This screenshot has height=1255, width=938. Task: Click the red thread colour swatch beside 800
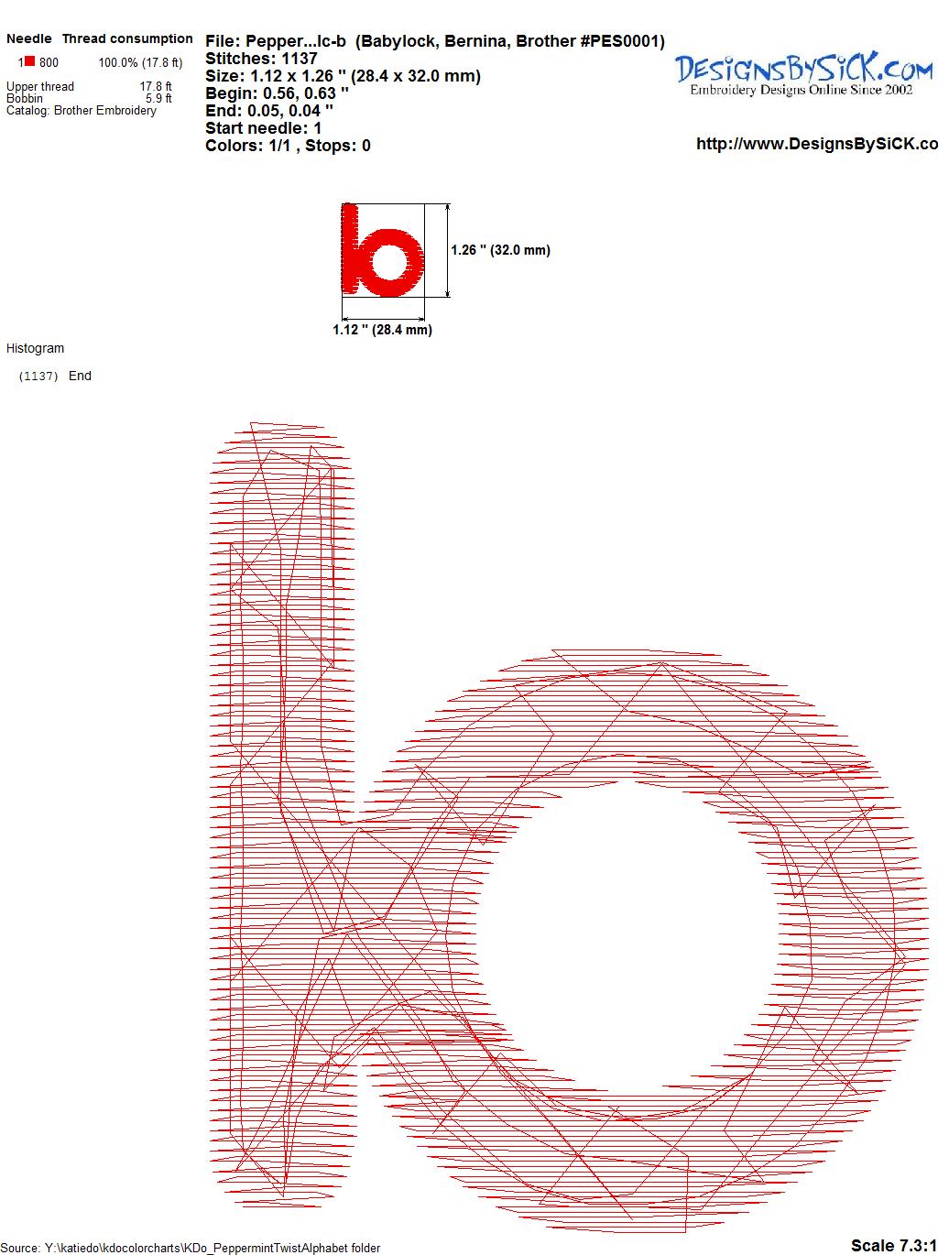(x=29, y=61)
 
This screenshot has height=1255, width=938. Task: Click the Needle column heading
(x=28, y=38)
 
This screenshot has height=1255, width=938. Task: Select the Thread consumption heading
(x=127, y=38)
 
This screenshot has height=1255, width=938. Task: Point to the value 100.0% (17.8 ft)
(x=140, y=63)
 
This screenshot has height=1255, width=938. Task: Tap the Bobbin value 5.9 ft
(x=158, y=98)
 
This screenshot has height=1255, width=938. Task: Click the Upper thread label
(x=40, y=86)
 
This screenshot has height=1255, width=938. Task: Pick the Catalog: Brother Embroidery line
(x=82, y=110)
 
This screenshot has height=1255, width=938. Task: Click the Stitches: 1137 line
(x=261, y=59)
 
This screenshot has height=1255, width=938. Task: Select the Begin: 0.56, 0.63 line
(x=277, y=93)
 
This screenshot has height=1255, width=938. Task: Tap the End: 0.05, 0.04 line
(x=269, y=110)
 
